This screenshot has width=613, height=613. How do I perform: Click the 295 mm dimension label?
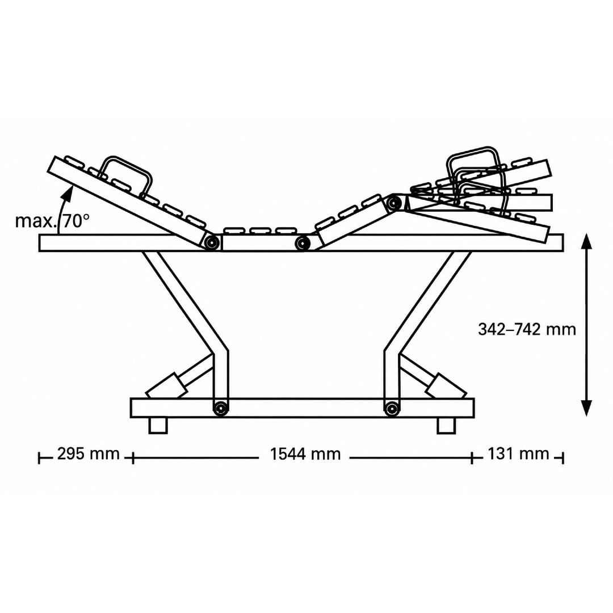tap(89, 454)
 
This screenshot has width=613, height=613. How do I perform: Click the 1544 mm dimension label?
tap(305, 454)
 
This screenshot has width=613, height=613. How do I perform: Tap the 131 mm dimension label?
tap(518, 454)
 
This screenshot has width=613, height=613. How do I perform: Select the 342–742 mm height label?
tap(527, 330)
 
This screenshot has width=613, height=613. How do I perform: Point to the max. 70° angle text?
tap(52, 221)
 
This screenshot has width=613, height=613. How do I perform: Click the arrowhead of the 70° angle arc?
tap(69, 192)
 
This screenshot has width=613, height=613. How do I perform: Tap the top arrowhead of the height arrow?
tap(586, 241)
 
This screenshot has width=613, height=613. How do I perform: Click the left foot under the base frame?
tap(158, 426)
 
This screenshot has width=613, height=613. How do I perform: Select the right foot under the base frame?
tap(446, 426)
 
